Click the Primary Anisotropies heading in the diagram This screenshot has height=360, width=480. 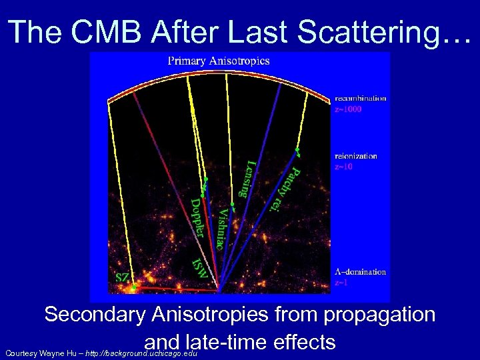coord(219,61)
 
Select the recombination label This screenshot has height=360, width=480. coord(360,98)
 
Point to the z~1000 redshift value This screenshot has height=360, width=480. coord(348,109)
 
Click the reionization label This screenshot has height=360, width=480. coord(356,156)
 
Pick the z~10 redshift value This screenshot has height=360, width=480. coord(344,167)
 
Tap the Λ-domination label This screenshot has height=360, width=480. coord(360,271)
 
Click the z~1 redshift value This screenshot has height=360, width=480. coord(341,282)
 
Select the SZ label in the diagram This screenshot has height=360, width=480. coord(123,275)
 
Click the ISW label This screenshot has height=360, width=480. coord(199,267)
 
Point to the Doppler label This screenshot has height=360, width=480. coord(197,217)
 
